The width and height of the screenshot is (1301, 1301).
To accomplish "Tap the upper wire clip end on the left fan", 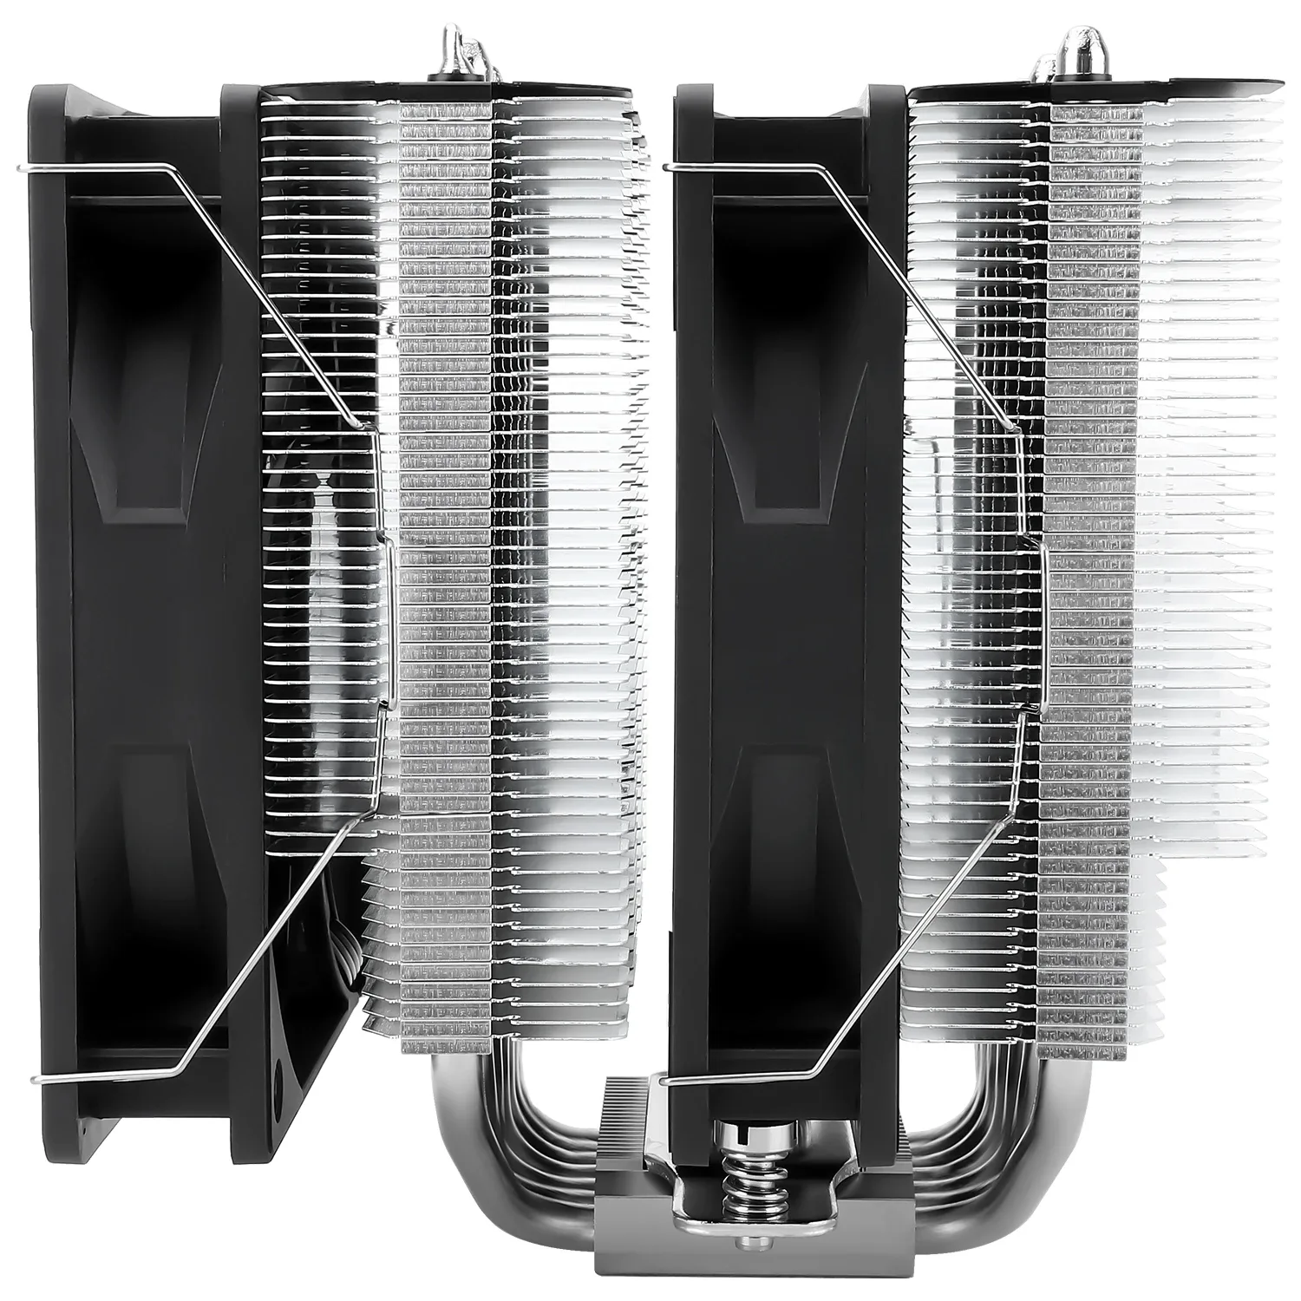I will pyautogui.click(x=35, y=167).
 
